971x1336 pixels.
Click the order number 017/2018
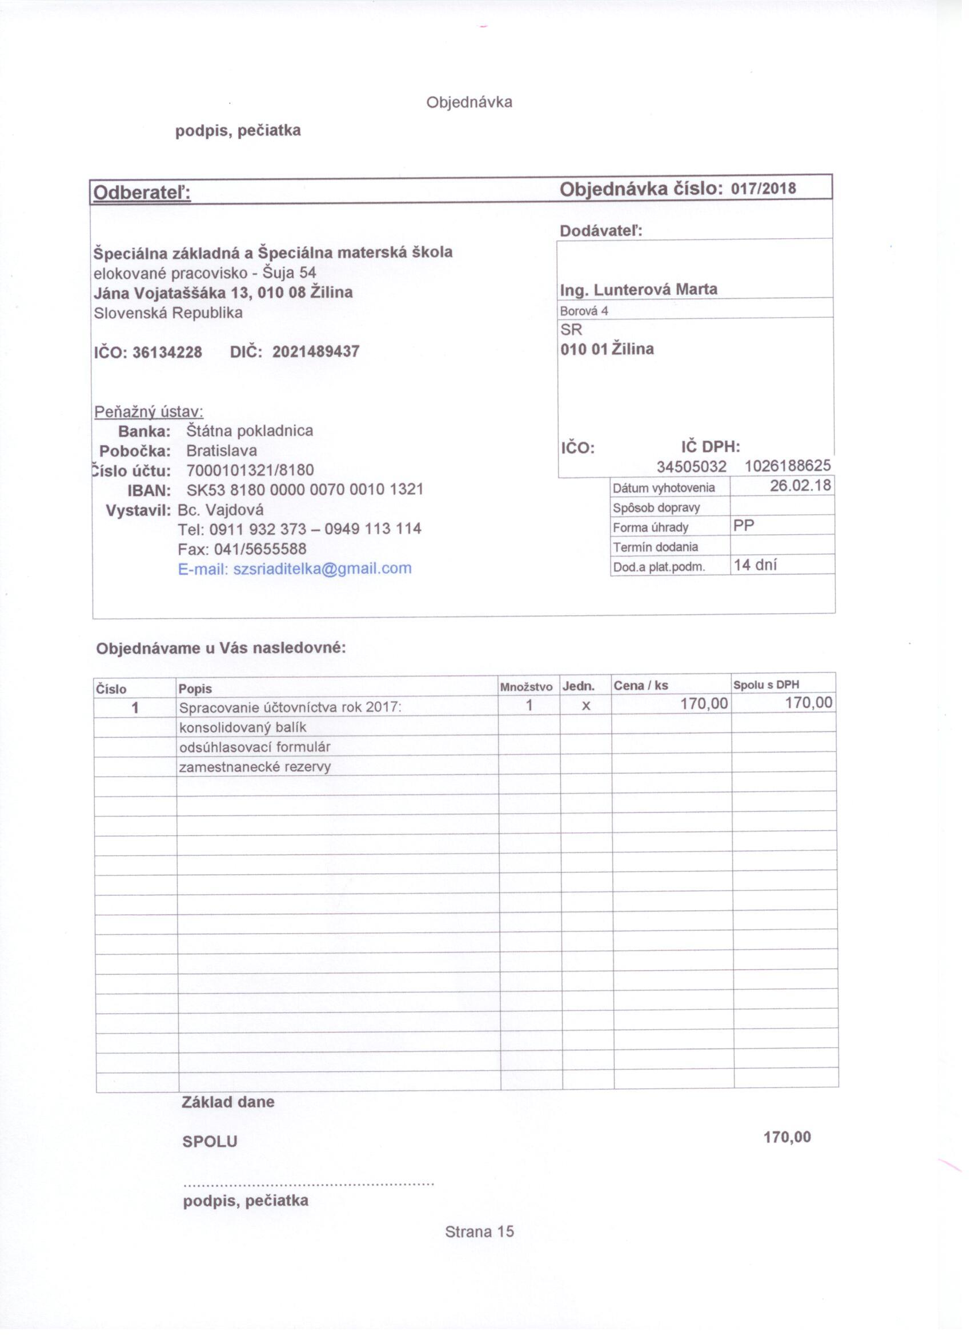click(x=763, y=189)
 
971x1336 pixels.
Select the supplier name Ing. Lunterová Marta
click(x=639, y=290)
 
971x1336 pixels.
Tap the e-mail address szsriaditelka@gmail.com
click(x=322, y=569)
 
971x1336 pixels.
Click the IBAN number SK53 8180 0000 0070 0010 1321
click(x=305, y=490)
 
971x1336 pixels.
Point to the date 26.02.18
click(x=800, y=486)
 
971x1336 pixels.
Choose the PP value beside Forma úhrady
click(x=744, y=526)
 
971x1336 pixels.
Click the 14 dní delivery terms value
click(x=756, y=566)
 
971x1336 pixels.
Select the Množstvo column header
click(x=526, y=687)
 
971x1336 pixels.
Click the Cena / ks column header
click(x=641, y=686)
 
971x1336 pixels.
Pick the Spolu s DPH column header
click(x=766, y=685)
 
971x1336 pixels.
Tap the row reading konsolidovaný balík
click(x=243, y=727)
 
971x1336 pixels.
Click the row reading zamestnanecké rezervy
click(x=255, y=767)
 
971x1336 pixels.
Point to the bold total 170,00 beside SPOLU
click(x=787, y=1138)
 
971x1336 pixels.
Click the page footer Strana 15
click(x=479, y=1232)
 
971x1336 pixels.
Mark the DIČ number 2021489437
click(x=316, y=352)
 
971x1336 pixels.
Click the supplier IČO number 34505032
click(x=691, y=467)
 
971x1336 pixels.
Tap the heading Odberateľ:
click(x=142, y=193)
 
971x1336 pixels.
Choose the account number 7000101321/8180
click(x=250, y=471)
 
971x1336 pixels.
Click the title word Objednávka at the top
click(x=470, y=102)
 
